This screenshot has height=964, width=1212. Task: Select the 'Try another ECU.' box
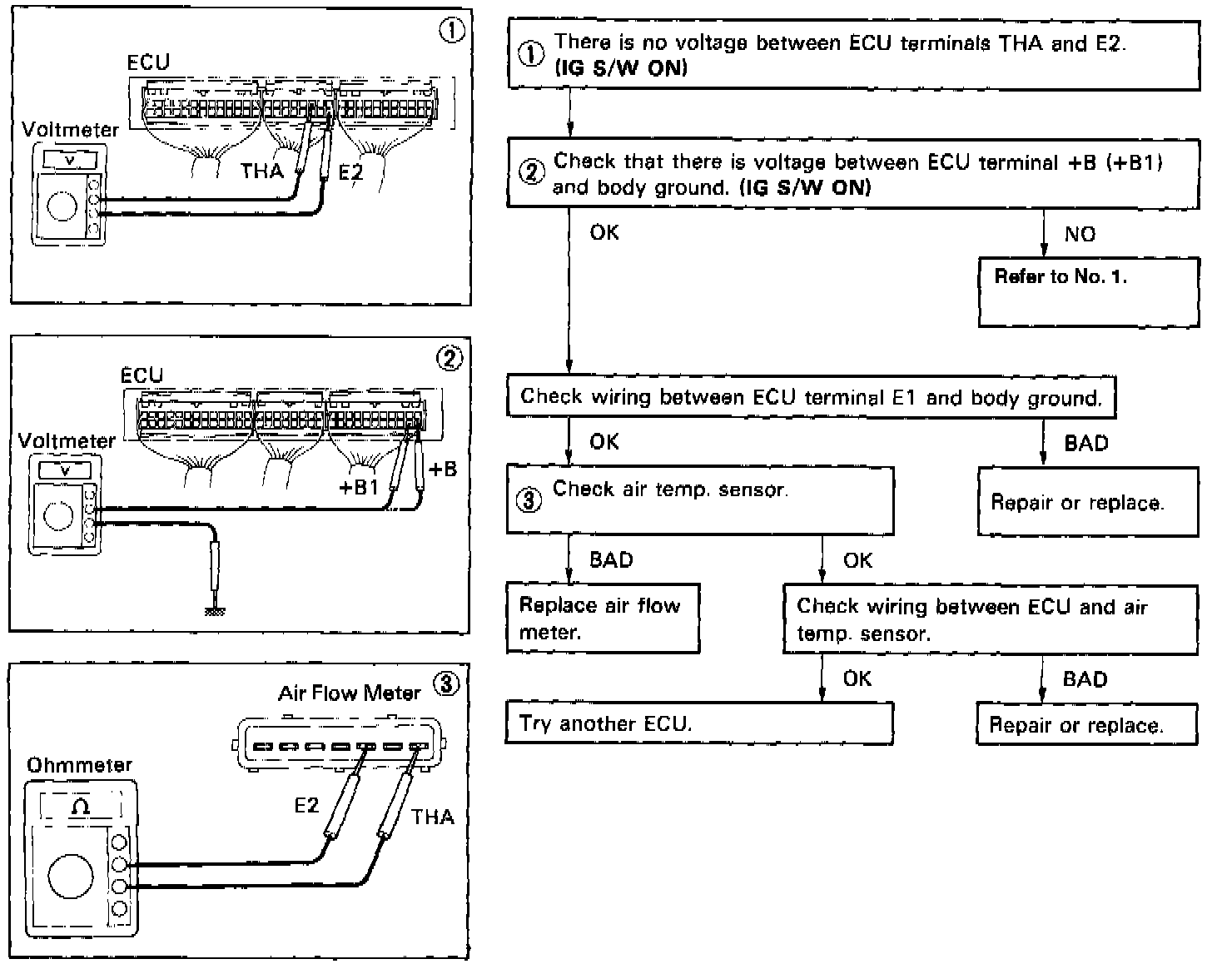point(698,723)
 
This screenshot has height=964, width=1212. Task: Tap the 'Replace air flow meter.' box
point(603,619)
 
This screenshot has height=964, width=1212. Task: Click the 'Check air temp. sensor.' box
point(699,499)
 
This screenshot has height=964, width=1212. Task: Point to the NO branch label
point(1080,235)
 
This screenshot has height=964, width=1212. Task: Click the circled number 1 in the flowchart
point(530,53)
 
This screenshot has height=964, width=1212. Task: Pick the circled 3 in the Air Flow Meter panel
point(446,684)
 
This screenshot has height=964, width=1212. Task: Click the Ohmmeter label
point(79,764)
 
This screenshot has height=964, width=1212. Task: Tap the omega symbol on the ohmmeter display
point(81,806)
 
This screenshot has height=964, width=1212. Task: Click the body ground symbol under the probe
point(215,611)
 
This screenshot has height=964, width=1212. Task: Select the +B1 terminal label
point(359,488)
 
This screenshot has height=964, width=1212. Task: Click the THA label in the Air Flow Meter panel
point(432,817)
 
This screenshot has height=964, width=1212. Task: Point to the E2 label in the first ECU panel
point(351,172)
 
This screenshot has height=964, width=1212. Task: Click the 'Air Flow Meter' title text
point(349,693)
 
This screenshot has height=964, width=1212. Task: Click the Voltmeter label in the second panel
point(67,441)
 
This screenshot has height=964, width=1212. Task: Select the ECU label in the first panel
point(148,62)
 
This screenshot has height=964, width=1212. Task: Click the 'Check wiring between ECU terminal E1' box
point(811,397)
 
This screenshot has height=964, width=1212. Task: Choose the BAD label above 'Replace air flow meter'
point(611,560)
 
